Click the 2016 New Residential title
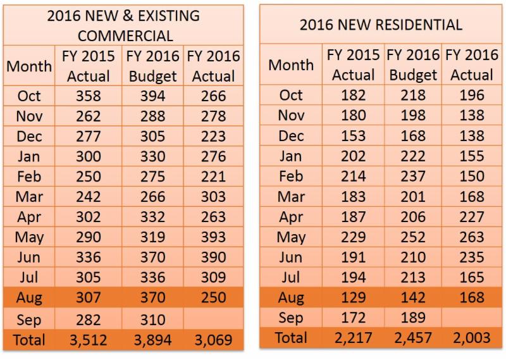click(x=381, y=25)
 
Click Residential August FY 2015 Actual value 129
click(x=353, y=297)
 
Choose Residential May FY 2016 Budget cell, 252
click(x=413, y=237)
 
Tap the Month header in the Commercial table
click(x=29, y=66)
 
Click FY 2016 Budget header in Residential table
click(x=413, y=65)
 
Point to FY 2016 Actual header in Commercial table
click(x=213, y=66)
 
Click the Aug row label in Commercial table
click(x=30, y=298)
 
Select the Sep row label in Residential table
click(x=291, y=318)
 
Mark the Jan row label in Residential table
click(x=291, y=156)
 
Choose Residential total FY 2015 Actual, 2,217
click(x=353, y=338)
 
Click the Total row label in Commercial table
click(x=28, y=340)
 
